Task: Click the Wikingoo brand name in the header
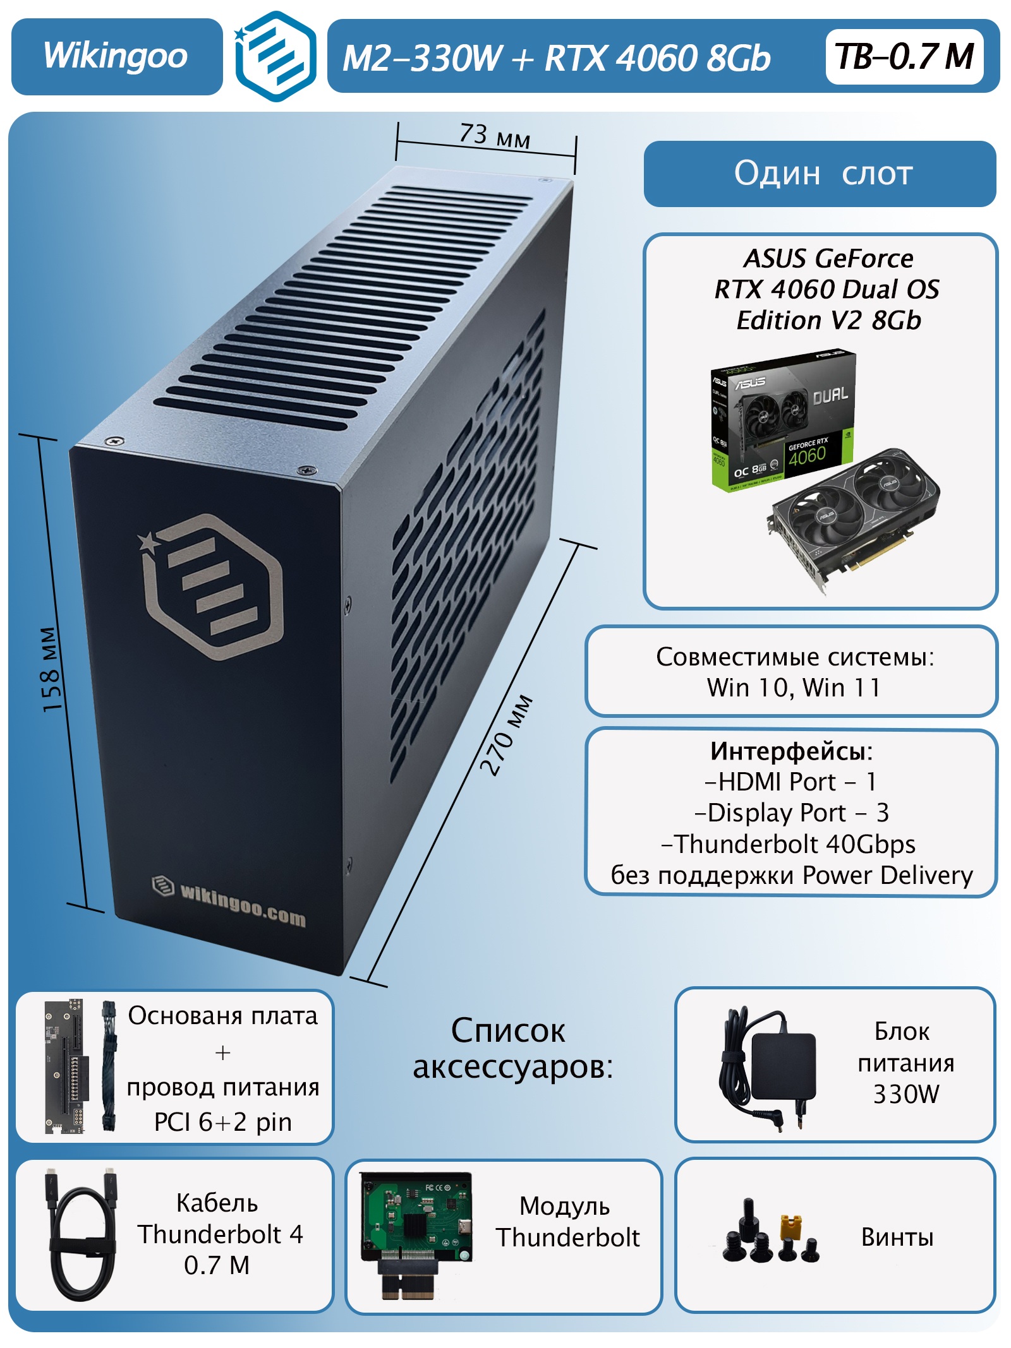[x=116, y=56]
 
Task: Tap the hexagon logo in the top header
[x=275, y=56]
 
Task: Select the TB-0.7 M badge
[x=904, y=56]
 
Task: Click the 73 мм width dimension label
[x=495, y=135]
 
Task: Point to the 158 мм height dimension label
[x=51, y=669]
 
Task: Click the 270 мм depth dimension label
[x=506, y=735]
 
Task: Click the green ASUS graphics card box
[x=782, y=421]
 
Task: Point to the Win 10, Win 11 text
[x=794, y=688]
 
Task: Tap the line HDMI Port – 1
[x=790, y=782]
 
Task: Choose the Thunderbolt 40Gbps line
[x=789, y=844]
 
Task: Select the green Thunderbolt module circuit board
[x=416, y=1216]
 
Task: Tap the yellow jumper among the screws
[x=790, y=1226]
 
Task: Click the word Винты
[x=897, y=1237]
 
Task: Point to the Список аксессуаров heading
[x=512, y=1049]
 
